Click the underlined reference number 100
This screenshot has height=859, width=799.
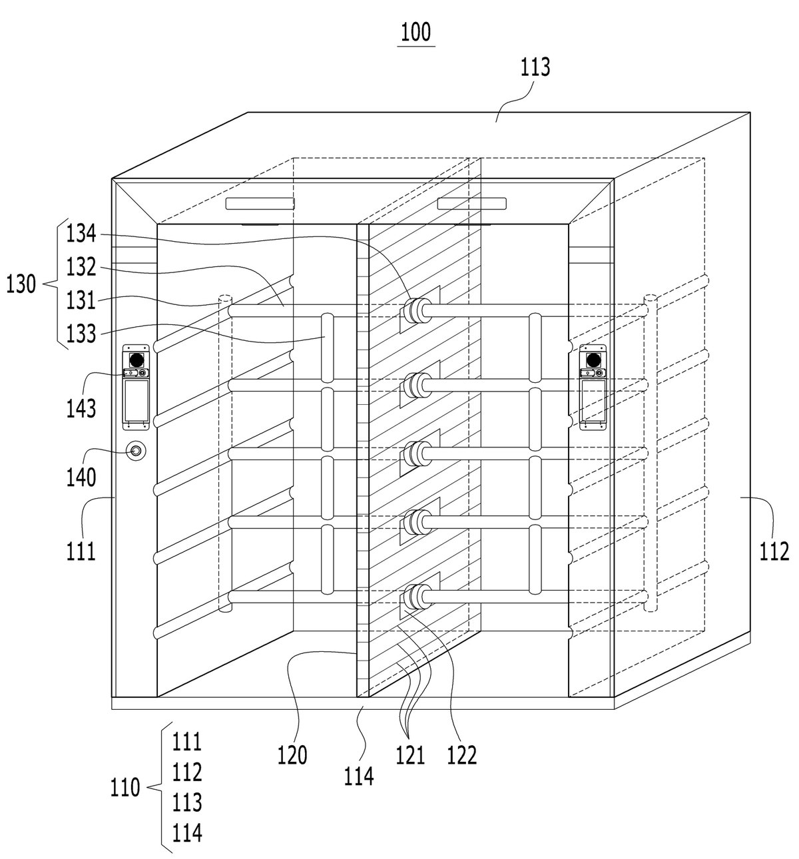point(415,33)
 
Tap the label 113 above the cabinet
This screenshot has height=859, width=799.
point(535,67)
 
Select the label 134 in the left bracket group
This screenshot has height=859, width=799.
point(81,234)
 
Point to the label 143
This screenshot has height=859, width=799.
point(81,409)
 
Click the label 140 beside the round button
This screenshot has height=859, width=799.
point(81,477)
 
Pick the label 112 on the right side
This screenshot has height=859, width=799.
point(774,552)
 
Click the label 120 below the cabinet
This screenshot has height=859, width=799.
point(292,755)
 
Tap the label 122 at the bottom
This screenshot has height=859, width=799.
point(461,755)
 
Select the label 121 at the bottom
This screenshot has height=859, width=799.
point(410,755)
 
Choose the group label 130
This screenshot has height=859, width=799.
point(21,284)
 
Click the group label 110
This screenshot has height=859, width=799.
point(125,787)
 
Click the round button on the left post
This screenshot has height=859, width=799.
point(136,451)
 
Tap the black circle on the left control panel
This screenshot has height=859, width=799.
point(136,360)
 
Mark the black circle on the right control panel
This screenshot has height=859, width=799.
point(593,360)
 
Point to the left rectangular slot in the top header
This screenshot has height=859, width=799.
point(260,204)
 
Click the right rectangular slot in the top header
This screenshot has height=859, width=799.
point(471,204)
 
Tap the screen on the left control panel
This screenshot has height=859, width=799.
point(136,400)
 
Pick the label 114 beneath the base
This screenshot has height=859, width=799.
point(359,776)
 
